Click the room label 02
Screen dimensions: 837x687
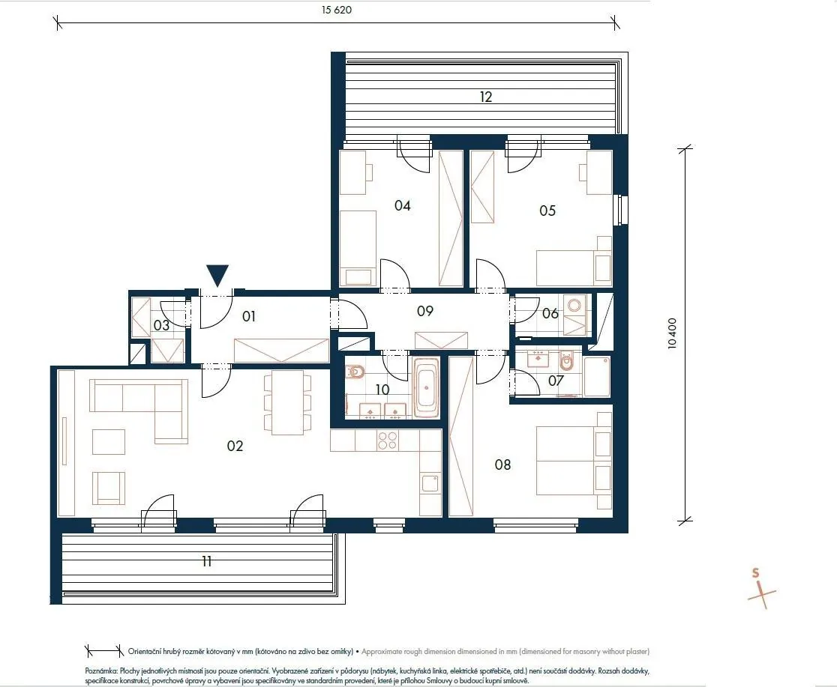[235, 446]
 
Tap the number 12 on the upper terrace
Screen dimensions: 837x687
[486, 97]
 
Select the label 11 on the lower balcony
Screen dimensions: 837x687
[207, 561]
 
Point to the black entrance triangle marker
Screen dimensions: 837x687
[217, 276]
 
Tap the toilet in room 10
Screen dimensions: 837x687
[355, 371]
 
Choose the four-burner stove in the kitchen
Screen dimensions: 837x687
[388, 441]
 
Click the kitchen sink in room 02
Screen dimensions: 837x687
[430, 483]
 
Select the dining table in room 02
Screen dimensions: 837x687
[287, 402]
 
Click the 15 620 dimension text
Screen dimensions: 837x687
[336, 10]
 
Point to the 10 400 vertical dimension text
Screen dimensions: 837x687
[672, 333]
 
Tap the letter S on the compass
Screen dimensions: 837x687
[755, 573]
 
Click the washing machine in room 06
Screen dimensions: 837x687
[575, 306]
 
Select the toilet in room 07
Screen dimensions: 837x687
[566, 362]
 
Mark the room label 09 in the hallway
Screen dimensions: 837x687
[425, 311]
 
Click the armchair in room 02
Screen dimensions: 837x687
[109, 488]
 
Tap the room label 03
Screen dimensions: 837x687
[161, 325]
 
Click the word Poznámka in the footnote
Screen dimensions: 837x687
[101, 671]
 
